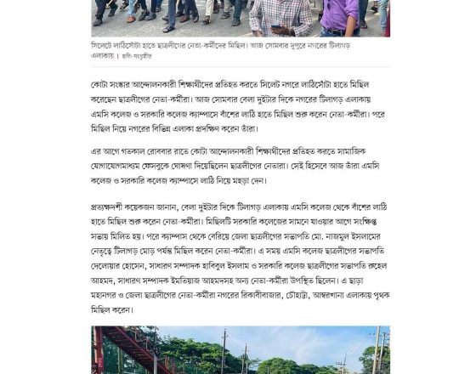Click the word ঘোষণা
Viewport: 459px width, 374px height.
[x=212, y=165]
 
